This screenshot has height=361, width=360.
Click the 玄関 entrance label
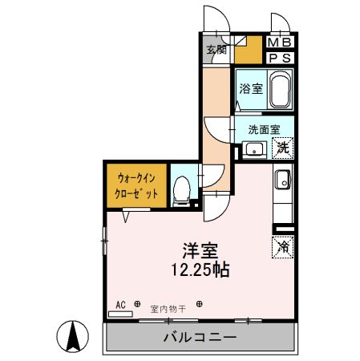tap(215, 50)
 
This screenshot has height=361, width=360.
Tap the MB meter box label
tap(279, 43)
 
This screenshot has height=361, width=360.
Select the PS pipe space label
tap(279, 58)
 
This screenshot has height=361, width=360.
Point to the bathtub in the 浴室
tap(279, 90)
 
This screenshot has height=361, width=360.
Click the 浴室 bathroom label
tap(250, 90)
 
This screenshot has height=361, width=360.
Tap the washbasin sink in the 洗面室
tap(255, 148)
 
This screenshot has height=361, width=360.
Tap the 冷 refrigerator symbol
tap(283, 247)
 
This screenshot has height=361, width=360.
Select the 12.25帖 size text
tap(200, 270)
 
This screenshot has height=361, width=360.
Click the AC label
tap(121, 305)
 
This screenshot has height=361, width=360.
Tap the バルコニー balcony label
tap(200, 337)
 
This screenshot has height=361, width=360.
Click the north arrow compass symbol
tap(73, 335)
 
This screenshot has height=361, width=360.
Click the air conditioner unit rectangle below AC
tap(121, 314)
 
